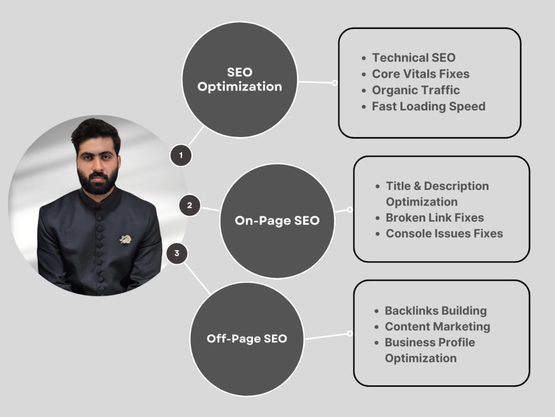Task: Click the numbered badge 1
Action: click(x=181, y=155)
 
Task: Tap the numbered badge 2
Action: click(x=189, y=205)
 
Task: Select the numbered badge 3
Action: click(x=176, y=253)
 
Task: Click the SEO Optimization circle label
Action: click(x=240, y=79)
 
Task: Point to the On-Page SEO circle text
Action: click(x=277, y=220)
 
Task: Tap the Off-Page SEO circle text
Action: click(x=247, y=339)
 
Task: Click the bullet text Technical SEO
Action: click(x=414, y=57)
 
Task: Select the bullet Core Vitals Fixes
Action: click(x=421, y=74)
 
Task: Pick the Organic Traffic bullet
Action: click(x=416, y=91)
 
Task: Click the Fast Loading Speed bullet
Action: click(x=428, y=107)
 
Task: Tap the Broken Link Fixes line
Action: click(x=435, y=218)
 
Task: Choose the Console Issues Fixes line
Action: click(x=444, y=234)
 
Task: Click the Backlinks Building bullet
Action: click(x=436, y=311)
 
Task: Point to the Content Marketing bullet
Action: click(x=437, y=326)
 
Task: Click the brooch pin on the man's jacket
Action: click(x=125, y=239)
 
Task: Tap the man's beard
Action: click(x=98, y=180)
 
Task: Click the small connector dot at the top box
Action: click(x=335, y=83)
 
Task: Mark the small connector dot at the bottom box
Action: click(x=350, y=334)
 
